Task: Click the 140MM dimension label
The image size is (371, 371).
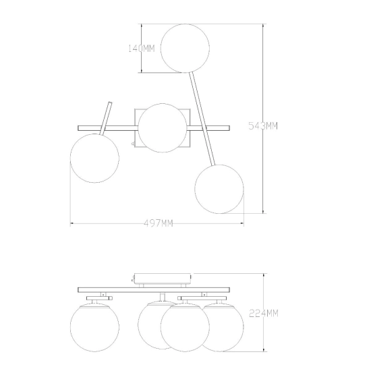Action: [141, 49]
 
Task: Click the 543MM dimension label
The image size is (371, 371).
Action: [263, 125]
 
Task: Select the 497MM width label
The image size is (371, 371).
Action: [159, 223]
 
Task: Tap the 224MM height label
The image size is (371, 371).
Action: [264, 314]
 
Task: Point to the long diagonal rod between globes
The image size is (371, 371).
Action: [202, 119]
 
